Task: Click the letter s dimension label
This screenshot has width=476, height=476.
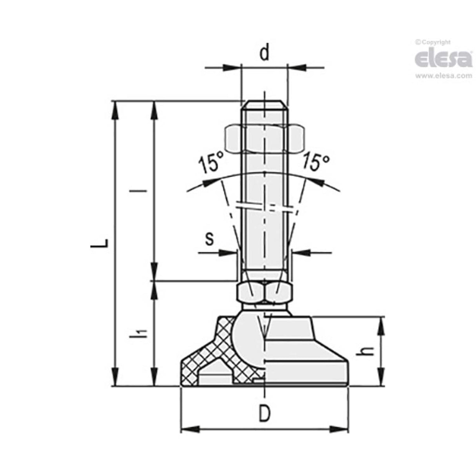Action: pyautogui.click(x=210, y=238)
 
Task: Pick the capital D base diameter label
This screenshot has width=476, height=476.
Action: pyautogui.click(x=265, y=413)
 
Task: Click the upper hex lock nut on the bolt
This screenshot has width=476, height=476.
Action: pyautogui.click(x=265, y=139)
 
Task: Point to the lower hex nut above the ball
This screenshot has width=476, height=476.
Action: pyautogui.click(x=264, y=293)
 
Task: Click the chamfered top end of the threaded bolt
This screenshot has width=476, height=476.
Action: pyautogui.click(x=265, y=104)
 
